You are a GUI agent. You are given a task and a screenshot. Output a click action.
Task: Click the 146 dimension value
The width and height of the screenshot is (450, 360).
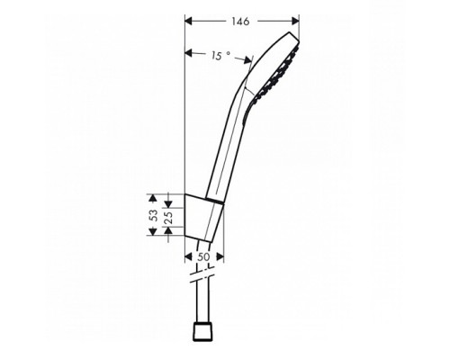pyautogui.click(x=239, y=20)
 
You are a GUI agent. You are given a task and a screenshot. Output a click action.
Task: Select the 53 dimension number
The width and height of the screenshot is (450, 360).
pyautogui.click(x=154, y=216)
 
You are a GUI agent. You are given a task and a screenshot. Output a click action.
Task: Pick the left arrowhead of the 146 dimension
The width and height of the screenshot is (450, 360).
pyautogui.click(x=188, y=20)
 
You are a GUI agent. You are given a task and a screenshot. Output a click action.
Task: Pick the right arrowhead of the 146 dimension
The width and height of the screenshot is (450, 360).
pyautogui.click(x=292, y=20)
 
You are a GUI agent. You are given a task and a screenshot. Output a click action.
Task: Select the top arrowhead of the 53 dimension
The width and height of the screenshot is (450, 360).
pyautogui.click(x=154, y=196)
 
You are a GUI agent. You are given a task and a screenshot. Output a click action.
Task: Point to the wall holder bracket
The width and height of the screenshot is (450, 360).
pyautogui.click(x=202, y=216)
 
